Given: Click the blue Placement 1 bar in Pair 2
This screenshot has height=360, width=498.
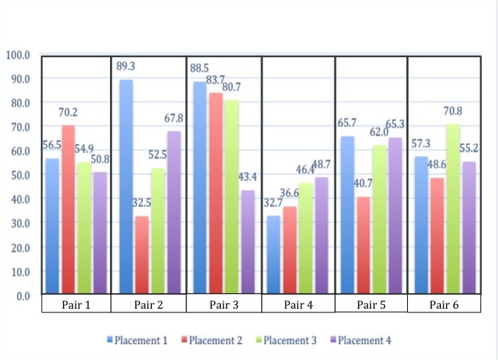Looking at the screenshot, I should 126,187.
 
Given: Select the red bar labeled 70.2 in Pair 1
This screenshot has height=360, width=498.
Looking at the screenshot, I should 67,210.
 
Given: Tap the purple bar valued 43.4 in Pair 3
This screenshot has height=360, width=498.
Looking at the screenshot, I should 249,242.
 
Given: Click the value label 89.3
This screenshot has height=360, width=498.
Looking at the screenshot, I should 126,66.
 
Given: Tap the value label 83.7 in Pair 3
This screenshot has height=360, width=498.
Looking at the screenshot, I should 215,79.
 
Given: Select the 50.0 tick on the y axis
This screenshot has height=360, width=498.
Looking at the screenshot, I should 18,175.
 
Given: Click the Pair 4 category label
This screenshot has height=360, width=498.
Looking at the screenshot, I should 298,304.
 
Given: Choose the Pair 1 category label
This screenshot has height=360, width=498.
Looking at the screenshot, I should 76,304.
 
